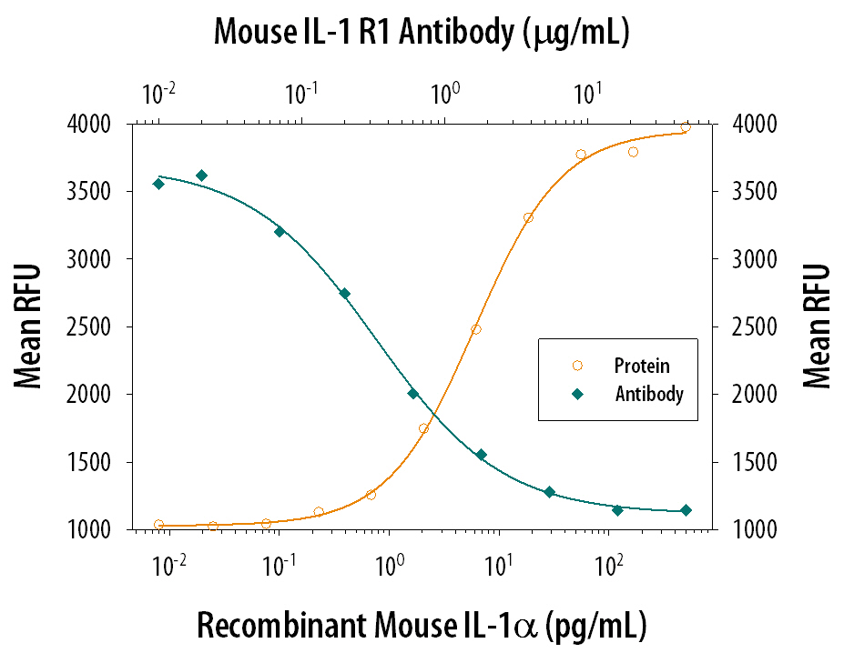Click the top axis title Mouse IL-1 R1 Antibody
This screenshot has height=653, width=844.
point(422,33)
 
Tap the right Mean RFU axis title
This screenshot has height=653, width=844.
point(817,326)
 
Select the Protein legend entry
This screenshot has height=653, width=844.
point(641,366)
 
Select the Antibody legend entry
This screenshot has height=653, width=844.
point(648,395)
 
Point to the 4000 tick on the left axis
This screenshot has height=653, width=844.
point(103,124)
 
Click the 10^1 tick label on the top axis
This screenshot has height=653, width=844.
point(587,93)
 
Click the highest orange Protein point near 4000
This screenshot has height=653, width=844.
point(686,127)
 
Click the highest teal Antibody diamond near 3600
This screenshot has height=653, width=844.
point(201,176)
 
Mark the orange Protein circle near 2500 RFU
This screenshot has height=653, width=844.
point(475,329)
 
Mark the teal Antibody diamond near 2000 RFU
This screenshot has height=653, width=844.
point(412,394)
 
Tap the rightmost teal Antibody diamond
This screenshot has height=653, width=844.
point(686,510)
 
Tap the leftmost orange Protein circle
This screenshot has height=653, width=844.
point(159,525)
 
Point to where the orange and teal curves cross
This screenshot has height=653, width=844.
point(434,417)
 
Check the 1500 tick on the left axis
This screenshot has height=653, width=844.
point(103,462)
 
